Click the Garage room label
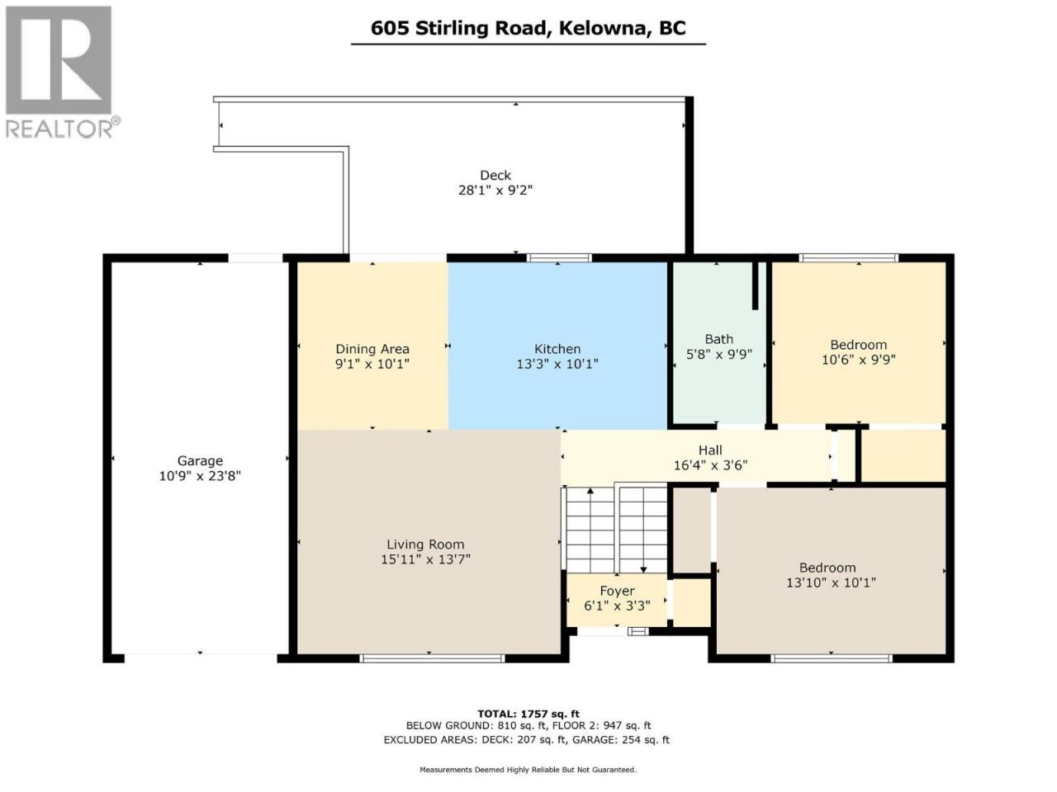(x=200, y=460)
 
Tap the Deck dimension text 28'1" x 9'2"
(x=495, y=191)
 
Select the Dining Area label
(x=372, y=349)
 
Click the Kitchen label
(x=557, y=349)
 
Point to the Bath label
(x=719, y=340)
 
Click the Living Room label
(x=425, y=544)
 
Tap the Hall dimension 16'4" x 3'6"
(x=710, y=465)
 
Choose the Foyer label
(x=617, y=591)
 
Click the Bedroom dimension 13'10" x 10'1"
(x=831, y=582)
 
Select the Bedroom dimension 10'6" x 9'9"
(x=858, y=360)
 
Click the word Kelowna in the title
(x=603, y=28)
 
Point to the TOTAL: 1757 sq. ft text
(x=528, y=714)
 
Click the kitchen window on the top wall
(x=558, y=258)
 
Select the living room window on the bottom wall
(x=432, y=658)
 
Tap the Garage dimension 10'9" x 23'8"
(x=200, y=476)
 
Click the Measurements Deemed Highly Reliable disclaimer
(x=528, y=770)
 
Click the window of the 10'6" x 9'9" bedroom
(x=849, y=258)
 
